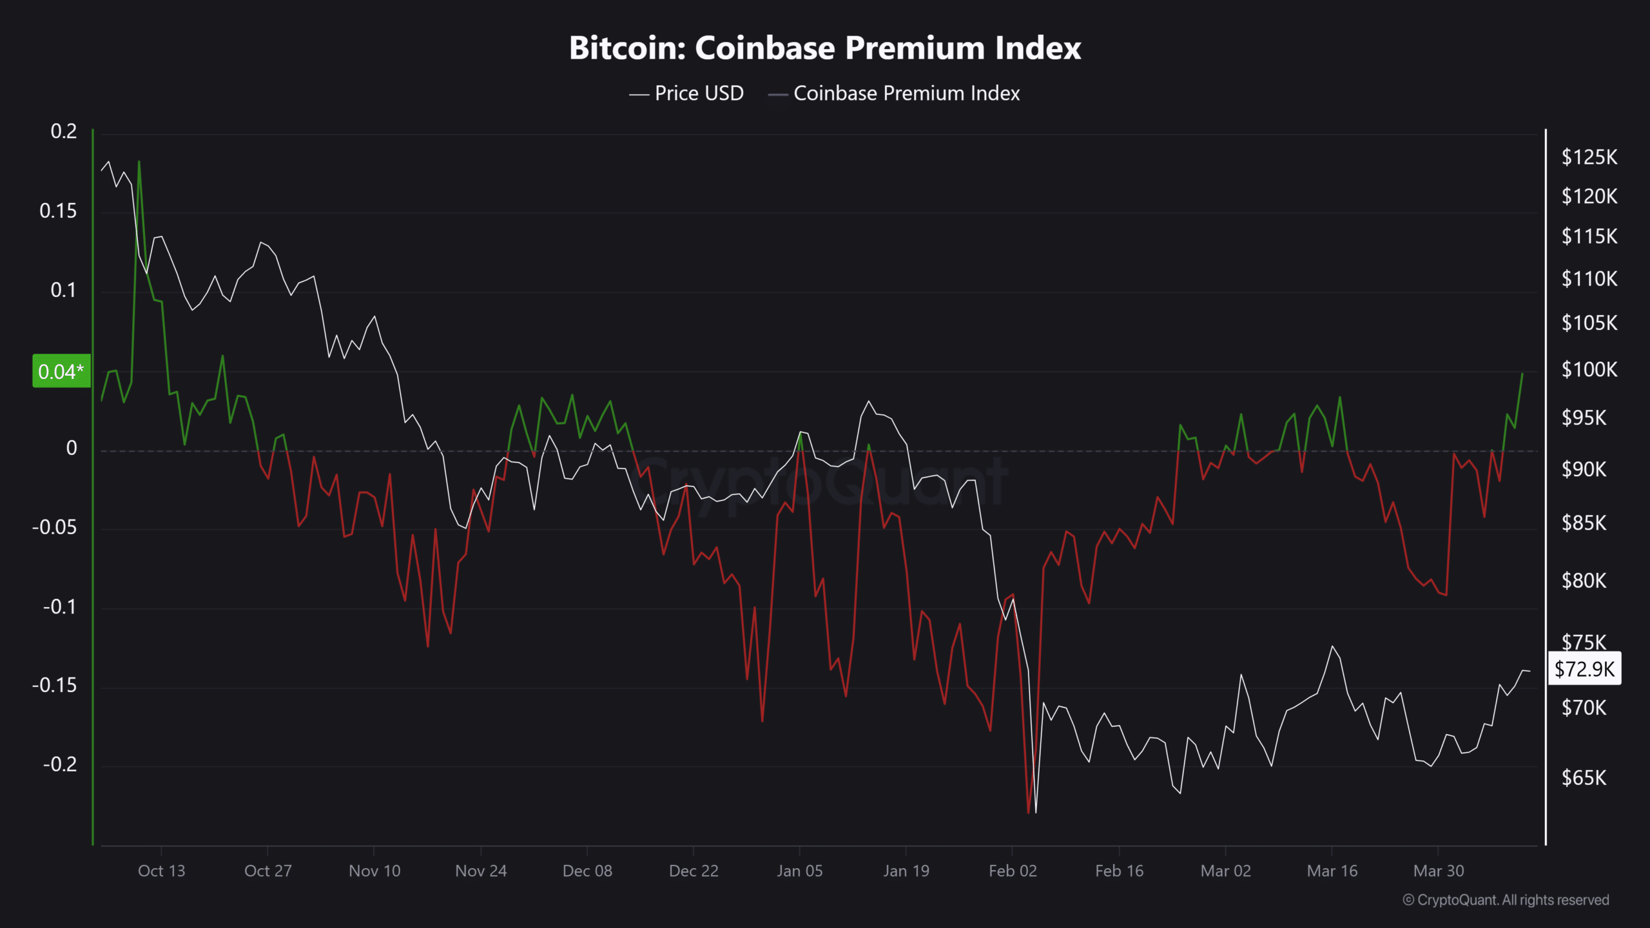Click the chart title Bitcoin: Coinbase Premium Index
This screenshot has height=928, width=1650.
(x=825, y=48)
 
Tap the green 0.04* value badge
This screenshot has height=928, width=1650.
(x=61, y=371)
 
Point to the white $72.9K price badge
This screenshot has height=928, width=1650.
(x=1584, y=669)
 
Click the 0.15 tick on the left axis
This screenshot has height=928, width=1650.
(x=58, y=211)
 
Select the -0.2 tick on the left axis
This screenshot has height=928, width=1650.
(x=59, y=764)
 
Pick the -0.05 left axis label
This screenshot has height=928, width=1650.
(x=54, y=527)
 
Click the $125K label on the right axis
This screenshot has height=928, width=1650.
(x=1589, y=157)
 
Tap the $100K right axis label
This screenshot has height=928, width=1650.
(x=1589, y=369)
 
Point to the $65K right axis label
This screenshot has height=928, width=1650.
(x=1584, y=778)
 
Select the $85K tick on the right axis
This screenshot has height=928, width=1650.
(x=1584, y=523)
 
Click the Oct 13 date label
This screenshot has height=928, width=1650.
(x=161, y=871)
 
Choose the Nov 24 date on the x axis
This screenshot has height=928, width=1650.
(x=481, y=871)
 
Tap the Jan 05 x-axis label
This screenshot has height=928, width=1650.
(x=799, y=871)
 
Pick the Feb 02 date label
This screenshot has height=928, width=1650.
(x=1013, y=871)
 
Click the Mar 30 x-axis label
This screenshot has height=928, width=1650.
(x=1438, y=871)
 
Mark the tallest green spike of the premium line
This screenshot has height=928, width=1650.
(x=139, y=162)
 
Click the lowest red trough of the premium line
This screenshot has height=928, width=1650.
(x=1029, y=811)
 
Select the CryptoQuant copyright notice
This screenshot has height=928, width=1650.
(x=1506, y=900)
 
